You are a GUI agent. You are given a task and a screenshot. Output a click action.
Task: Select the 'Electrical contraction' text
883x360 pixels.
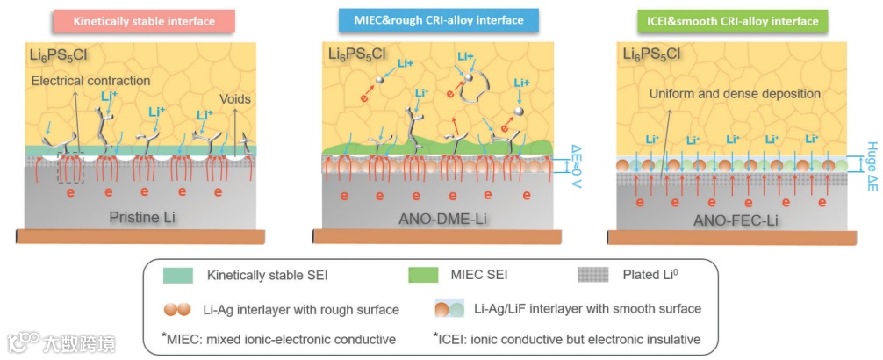tap(90, 81)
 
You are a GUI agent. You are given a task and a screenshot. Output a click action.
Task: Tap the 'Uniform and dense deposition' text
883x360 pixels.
tap(735, 93)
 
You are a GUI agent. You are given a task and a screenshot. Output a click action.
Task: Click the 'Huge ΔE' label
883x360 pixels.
tap(869, 166)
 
